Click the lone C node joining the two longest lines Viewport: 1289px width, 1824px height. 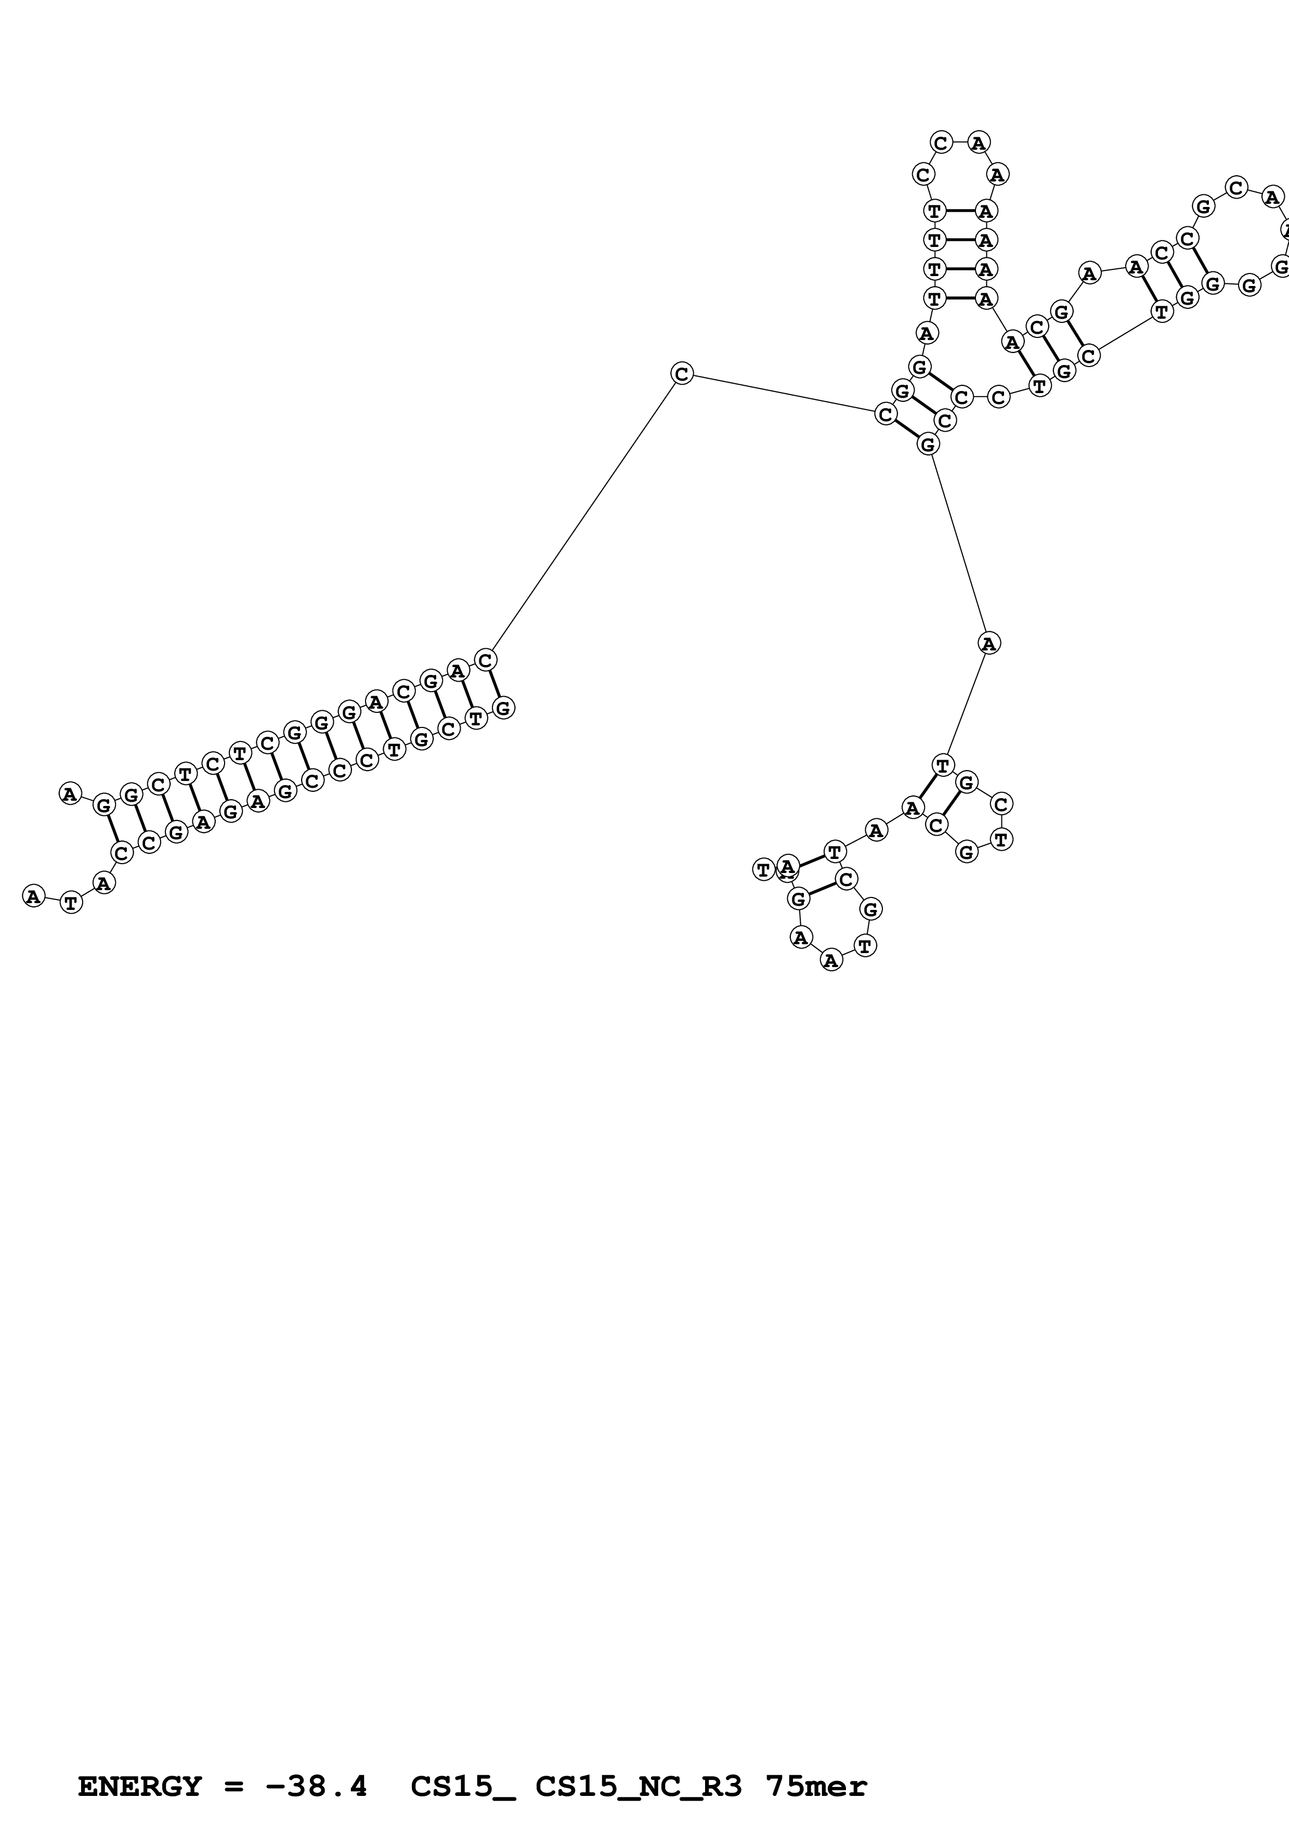point(682,373)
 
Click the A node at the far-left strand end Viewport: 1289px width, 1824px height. point(33,896)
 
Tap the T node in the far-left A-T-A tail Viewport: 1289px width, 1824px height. point(71,903)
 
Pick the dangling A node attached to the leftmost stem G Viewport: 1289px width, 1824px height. point(70,793)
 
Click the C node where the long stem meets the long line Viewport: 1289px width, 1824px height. point(485,659)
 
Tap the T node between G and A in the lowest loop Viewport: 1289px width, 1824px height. point(865,945)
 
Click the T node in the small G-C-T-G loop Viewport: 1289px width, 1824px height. point(1001,838)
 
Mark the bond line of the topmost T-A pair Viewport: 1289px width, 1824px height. point(960,211)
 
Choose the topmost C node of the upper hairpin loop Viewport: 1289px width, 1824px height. point(941,143)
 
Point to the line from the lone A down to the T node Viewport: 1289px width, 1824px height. point(966,704)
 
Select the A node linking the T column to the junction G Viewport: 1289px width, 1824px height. point(927,332)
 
